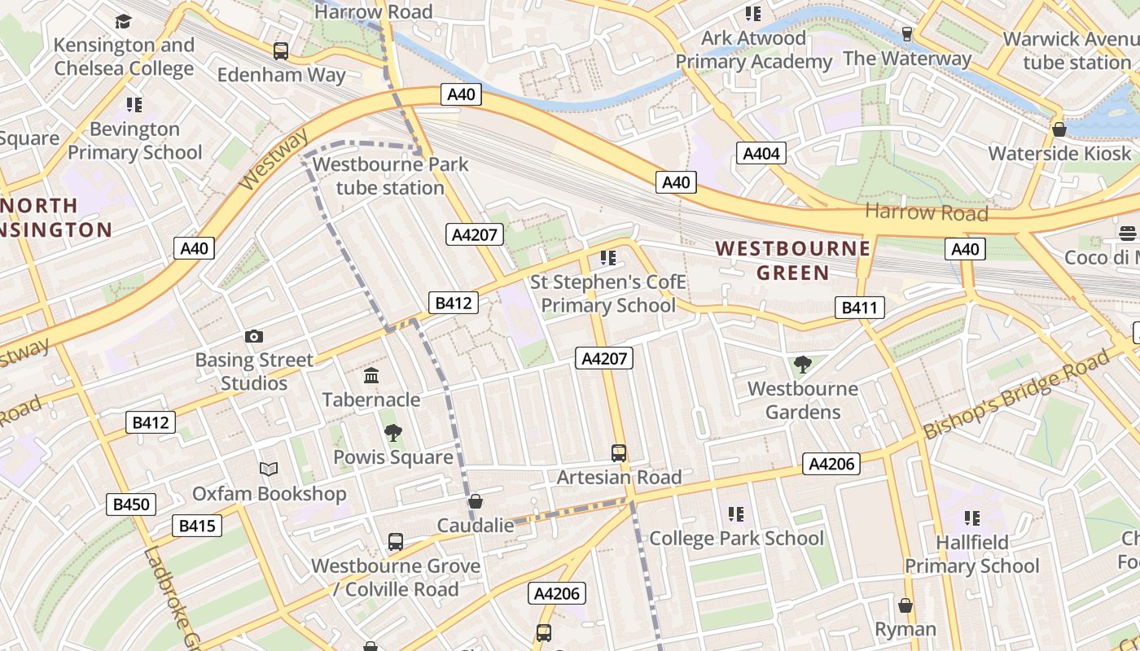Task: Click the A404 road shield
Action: tap(762, 153)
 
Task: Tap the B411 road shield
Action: tap(859, 308)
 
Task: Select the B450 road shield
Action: tap(131, 505)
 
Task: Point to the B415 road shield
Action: tap(197, 526)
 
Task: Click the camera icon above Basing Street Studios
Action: tap(254, 336)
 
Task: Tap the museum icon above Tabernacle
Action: tap(371, 375)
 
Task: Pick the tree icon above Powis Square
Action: tap(393, 433)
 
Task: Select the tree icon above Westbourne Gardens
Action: tap(803, 364)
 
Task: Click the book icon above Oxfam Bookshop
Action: tap(269, 469)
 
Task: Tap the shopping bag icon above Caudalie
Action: tap(476, 501)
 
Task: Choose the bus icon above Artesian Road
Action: tap(619, 452)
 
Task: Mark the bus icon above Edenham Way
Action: tap(281, 50)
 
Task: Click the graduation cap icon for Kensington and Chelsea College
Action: tap(124, 21)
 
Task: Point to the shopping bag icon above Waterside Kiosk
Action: tap(1059, 129)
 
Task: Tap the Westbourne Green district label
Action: tap(792, 260)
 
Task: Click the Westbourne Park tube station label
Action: tap(390, 176)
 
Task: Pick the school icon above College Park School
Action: tap(736, 513)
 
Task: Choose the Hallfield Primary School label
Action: tap(972, 554)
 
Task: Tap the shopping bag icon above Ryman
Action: tap(905, 605)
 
